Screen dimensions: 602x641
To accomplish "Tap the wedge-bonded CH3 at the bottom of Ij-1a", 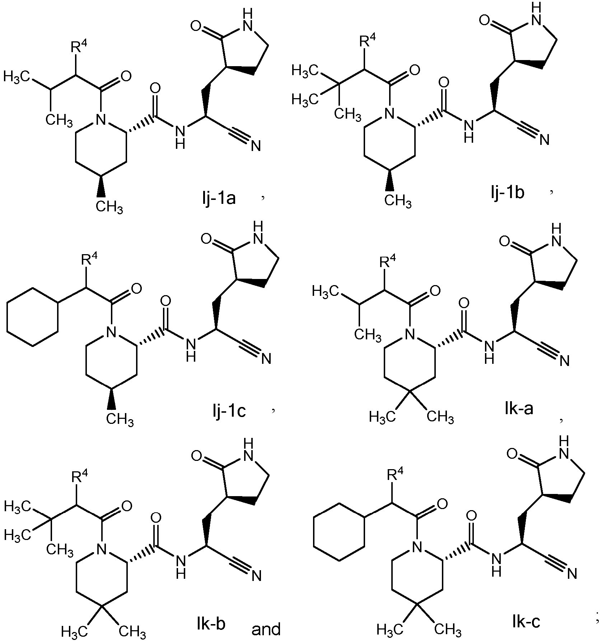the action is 109,207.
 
